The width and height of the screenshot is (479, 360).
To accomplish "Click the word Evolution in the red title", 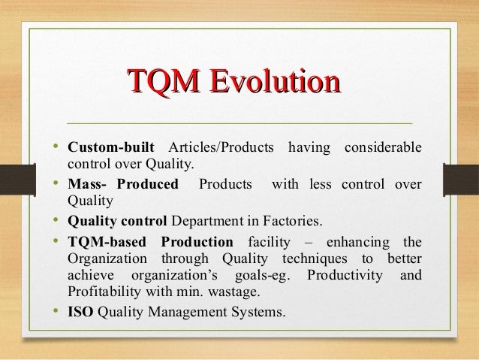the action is tap(276, 81).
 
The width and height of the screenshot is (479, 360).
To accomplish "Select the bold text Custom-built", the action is tap(111, 147).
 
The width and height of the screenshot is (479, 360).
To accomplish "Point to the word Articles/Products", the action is tap(221, 147).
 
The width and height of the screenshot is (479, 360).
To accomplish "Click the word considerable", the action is tap(383, 147).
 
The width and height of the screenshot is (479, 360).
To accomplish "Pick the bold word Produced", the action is tap(148, 184).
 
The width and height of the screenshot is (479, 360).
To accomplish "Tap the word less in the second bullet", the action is tap(321, 184).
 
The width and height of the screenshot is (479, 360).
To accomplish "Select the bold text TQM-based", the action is tap(107, 242).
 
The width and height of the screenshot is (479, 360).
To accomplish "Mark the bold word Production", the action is tap(197, 242).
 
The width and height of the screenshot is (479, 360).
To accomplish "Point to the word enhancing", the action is tap(358, 243).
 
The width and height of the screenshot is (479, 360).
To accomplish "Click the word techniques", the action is tap(315, 259).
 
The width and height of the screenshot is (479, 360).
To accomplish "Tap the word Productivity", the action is tap(345, 275).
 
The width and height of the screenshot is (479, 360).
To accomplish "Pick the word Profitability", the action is tap(104, 292).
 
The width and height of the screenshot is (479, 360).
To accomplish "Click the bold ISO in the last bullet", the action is tap(80, 312).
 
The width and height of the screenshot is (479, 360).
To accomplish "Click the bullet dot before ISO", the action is tap(56, 310).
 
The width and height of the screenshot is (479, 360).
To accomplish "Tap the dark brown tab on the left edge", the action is tap(18, 180).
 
